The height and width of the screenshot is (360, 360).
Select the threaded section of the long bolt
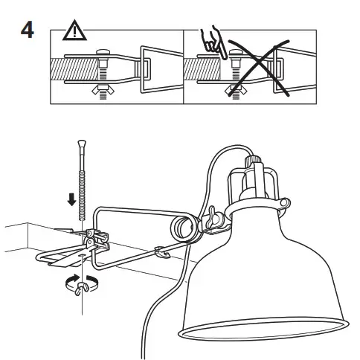click(81, 186)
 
